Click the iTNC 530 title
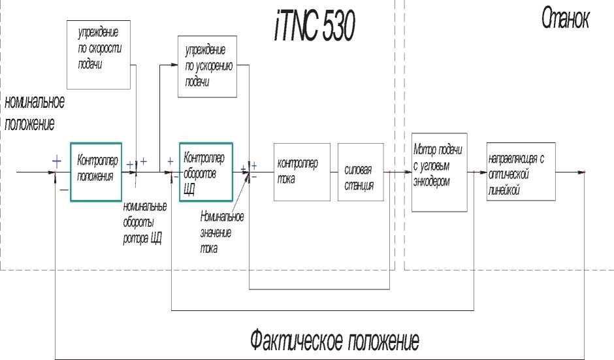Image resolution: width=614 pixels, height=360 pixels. click(314, 26)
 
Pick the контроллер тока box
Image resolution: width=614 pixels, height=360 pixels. click(302, 171)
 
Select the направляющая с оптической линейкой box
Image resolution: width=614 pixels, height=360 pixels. click(520, 172)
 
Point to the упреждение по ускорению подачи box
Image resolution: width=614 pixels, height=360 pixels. click(206, 67)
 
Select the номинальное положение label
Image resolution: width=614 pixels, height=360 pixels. click(34, 113)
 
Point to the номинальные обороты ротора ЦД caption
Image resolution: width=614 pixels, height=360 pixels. click(144, 223)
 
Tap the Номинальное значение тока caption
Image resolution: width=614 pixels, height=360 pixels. click(222, 232)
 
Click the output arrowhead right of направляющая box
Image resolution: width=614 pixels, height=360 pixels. click(583, 172)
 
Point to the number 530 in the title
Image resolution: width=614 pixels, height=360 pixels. click(339, 26)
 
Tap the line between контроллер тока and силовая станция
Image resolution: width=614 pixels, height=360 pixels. click(334, 172)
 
